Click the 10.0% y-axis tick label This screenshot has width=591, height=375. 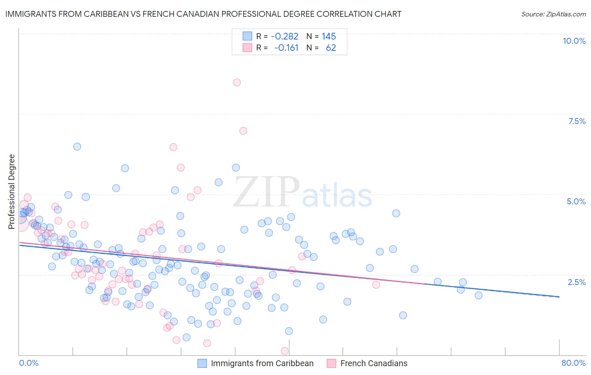click(x=574, y=41)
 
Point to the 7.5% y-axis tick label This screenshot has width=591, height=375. click(x=577, y=121)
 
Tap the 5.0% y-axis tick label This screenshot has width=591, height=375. click(x=576, y=201)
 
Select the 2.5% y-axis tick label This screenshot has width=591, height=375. click(x=576, y=282)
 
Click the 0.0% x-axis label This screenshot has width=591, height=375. click(x=29, y=363)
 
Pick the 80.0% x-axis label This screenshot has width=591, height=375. click(x=573, y=363)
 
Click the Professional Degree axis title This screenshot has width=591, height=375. click(x=11, y=192)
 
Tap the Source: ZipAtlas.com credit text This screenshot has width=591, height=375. click(x=553, y=14)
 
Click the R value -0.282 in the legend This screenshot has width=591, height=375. click(x=285, y=36)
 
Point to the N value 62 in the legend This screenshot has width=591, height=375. click(x=331, y=48)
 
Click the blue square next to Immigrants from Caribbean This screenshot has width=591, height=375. click(x=202, y=363)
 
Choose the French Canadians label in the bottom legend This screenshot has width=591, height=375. click(x=374, y=363)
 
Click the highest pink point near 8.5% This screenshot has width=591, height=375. click(x=237, y=82)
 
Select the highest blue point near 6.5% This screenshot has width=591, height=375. click(x=77, y=147)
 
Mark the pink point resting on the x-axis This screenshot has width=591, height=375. click(x=285, y=351)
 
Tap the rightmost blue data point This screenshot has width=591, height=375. click(x=478, y=295)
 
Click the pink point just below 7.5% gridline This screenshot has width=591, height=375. click(x=243, y=131)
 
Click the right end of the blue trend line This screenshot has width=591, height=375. click(x=559, y=297)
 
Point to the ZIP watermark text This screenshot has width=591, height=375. click(x=266, y=192)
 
